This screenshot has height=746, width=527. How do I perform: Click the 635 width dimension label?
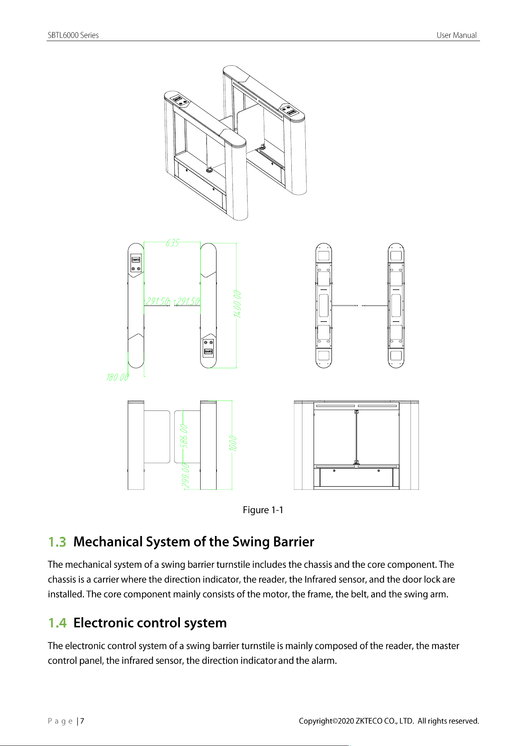(172, 242)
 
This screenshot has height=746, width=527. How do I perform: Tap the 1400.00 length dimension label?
(237, 304)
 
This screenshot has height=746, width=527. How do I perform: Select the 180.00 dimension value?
(117, 377)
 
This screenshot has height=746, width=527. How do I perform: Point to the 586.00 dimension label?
(184, 436)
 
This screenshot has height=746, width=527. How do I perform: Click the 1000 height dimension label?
(233, 444)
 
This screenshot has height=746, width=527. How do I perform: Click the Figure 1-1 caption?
(263, 510)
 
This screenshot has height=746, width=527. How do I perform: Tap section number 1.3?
(57, 542)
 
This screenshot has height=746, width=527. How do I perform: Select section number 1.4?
(57, 623)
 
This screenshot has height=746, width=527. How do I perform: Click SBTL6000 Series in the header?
(73, 35)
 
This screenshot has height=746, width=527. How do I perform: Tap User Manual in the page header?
(457, 35)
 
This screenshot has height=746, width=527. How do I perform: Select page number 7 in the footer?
(82, 721)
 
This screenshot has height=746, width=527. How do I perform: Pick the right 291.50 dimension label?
(188, 301)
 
